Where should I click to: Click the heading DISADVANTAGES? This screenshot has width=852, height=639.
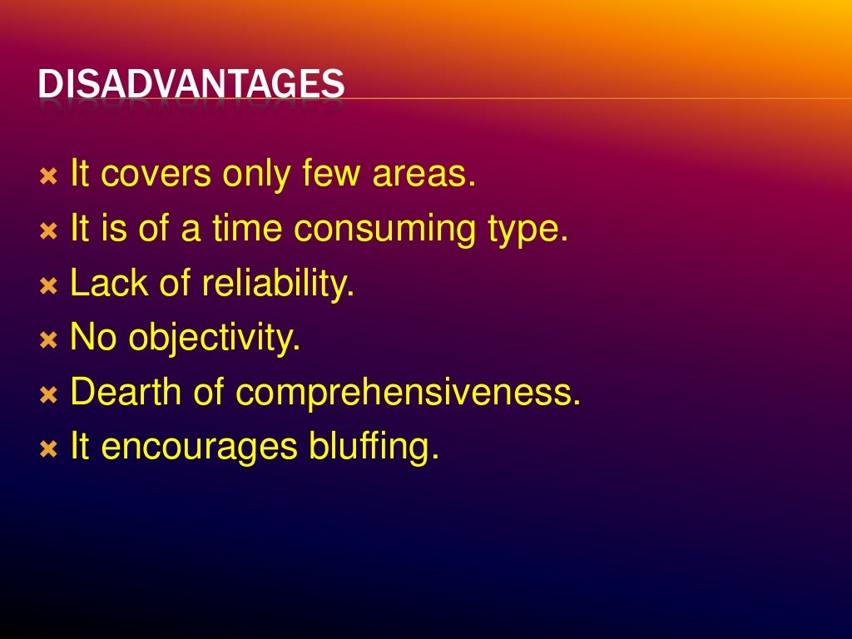click(x=191, y=85)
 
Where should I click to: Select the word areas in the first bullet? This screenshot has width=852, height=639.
click(x=424, y=175)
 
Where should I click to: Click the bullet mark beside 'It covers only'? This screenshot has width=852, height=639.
click(x=49, y=177)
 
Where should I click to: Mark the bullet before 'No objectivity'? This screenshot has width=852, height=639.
click(x=49, y=341)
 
